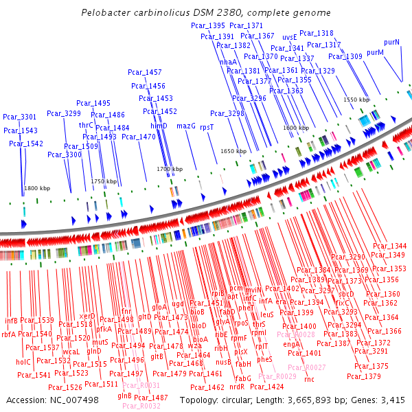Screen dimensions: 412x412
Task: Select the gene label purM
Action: (x=375, y=52)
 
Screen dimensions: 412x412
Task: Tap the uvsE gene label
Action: (x=290, y=37)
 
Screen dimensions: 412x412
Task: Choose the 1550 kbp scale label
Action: (x=356, y=100)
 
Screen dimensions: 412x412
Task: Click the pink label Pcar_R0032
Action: (x=141, y=406)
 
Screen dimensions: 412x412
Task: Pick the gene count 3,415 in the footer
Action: (x=392, y=400)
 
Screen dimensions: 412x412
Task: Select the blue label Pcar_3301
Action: (x=19, y=117)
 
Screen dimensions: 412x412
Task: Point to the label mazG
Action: (x=186, y=126)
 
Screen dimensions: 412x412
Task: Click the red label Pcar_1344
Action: (x=389, y=246)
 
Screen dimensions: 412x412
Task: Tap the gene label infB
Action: (x=11, y=320)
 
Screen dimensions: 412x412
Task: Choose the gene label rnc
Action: (x=309, y=378)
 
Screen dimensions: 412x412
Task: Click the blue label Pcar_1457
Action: (x=145, y=72)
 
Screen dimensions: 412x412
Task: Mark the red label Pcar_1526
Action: (x=65, y=387)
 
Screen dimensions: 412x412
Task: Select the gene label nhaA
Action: (x=228, y=62)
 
